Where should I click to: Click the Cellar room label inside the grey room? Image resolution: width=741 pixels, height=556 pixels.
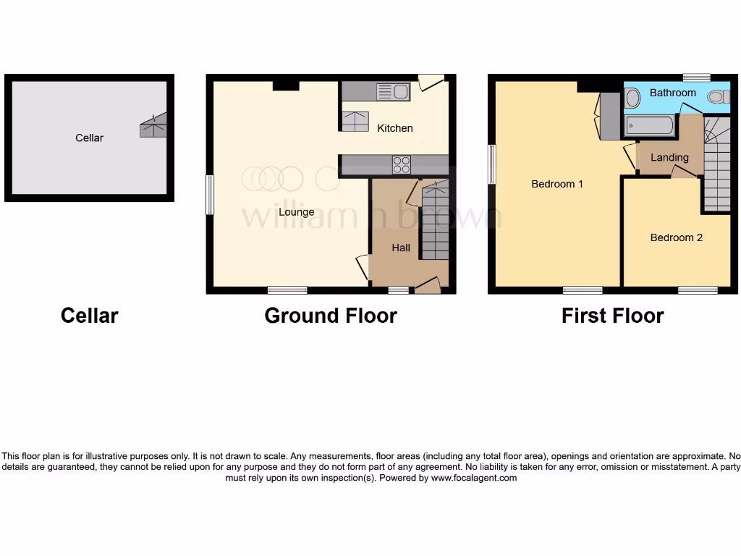[89, 138]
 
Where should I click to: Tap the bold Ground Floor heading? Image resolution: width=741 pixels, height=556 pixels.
[330, 316]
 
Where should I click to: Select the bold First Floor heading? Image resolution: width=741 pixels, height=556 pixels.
[612, 316]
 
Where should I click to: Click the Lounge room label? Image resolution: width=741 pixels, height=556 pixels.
[297, 212]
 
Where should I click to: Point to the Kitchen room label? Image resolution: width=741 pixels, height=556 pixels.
[395, 128]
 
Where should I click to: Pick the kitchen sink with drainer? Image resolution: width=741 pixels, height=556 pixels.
[392, 91]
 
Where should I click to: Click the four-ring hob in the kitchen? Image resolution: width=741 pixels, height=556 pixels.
[401, 165]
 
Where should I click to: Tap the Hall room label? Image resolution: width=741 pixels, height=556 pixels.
[401, 248]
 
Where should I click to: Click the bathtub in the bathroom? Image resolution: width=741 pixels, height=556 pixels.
[649, 126]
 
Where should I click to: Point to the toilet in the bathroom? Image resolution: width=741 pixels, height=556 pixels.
[719, 96]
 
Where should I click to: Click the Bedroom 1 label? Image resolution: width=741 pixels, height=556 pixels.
[557, 184]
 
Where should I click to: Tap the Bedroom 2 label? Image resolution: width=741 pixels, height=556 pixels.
[676, 237]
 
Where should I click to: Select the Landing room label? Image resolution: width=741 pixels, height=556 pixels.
[669, 157]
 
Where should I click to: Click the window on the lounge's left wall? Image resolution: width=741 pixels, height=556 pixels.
[210, 195]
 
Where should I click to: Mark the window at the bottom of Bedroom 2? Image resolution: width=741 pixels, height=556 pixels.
[698, 290]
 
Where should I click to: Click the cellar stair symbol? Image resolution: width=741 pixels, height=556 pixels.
[153, 126]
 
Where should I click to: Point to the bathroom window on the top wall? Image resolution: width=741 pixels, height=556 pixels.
[696, 77]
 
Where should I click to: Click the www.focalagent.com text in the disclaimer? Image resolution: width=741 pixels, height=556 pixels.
[474, 478]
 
